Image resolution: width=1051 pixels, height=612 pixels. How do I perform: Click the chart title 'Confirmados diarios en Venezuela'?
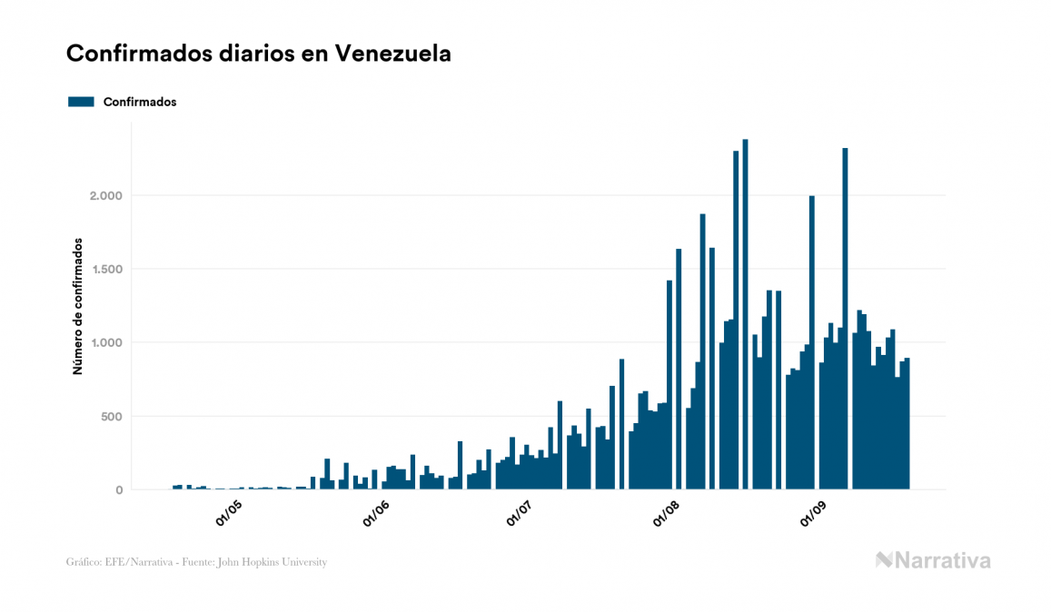[259, 54]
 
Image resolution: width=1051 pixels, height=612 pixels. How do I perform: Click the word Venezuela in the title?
[392, 54]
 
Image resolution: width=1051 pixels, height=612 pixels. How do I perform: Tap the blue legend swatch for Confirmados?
[81, 102]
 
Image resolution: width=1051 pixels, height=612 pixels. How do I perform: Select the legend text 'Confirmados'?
[140, 102]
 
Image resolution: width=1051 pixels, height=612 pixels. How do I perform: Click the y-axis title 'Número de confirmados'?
[78, 306]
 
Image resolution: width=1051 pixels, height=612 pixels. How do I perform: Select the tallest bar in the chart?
[745, 318]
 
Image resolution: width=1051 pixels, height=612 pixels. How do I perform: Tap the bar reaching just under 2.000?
[811, 345]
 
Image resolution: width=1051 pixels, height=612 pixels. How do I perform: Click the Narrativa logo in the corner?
[933, 560]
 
